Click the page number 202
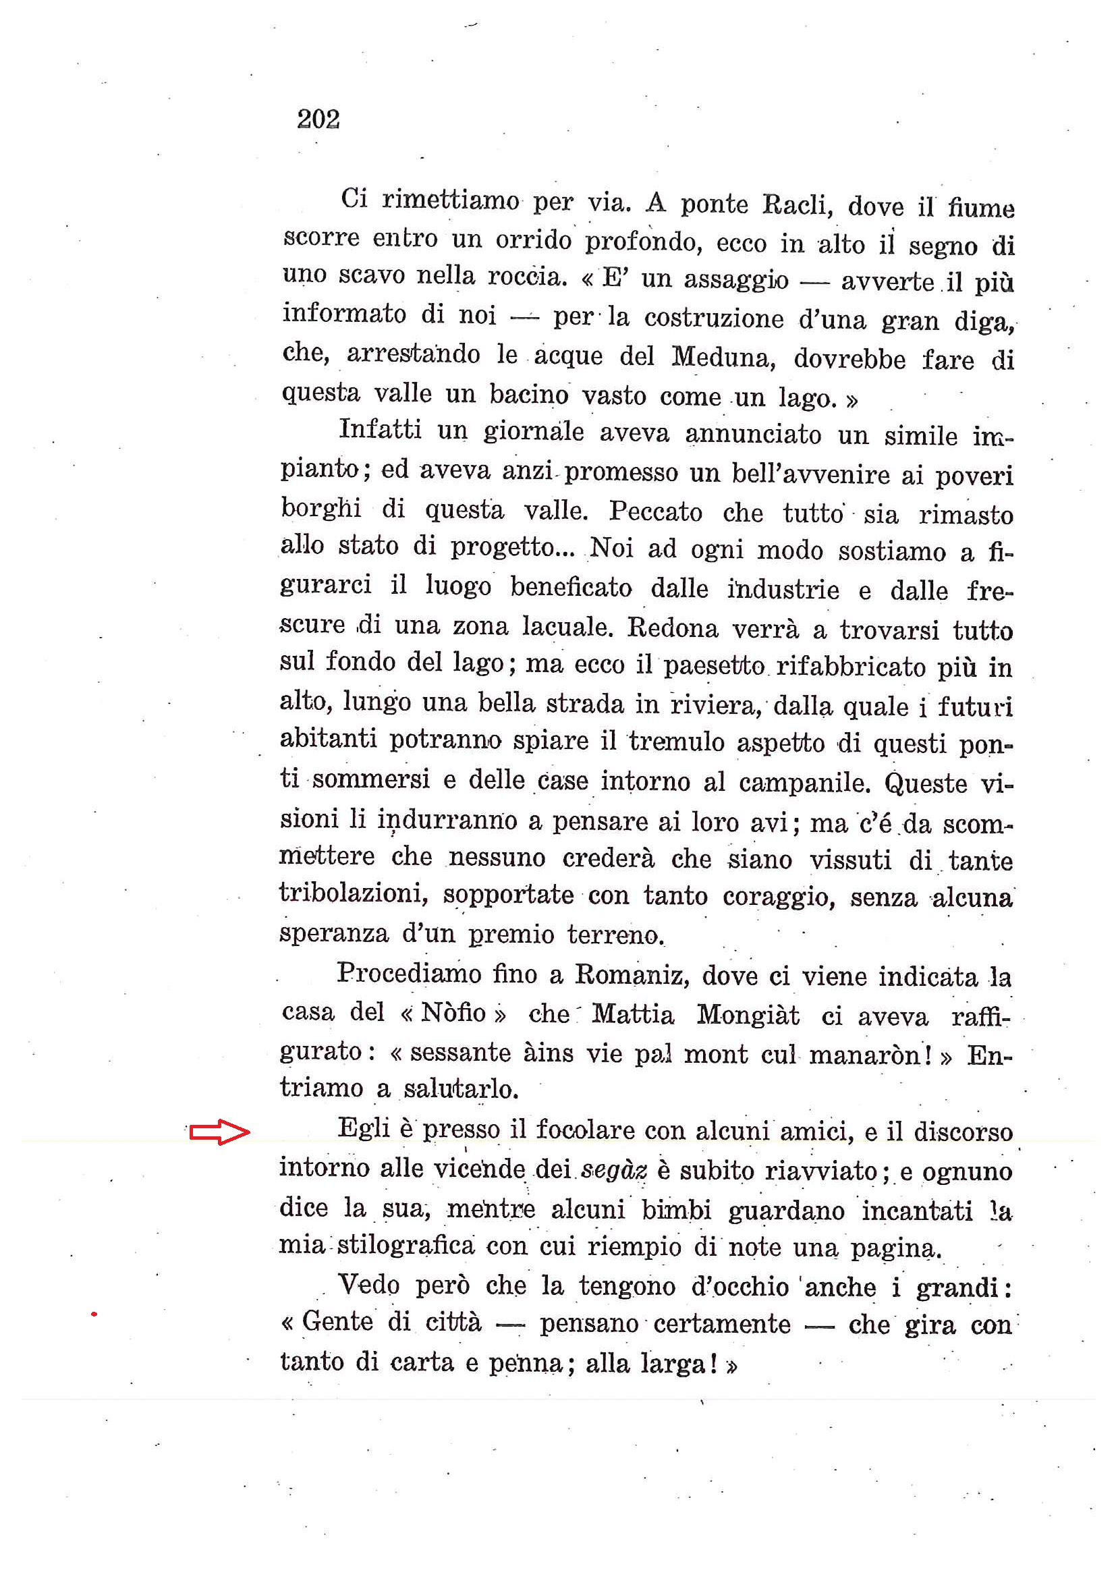(318, 119)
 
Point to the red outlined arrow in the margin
(219, 1132)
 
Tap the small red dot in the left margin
(94, 1315)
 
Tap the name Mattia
(633, 1014)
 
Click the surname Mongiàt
(748, 1015)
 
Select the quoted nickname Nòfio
(453, 1013)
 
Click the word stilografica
(406, 1246)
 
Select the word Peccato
(655, 511)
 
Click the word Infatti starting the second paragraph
(381, 430)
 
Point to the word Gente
(337, 1321)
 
